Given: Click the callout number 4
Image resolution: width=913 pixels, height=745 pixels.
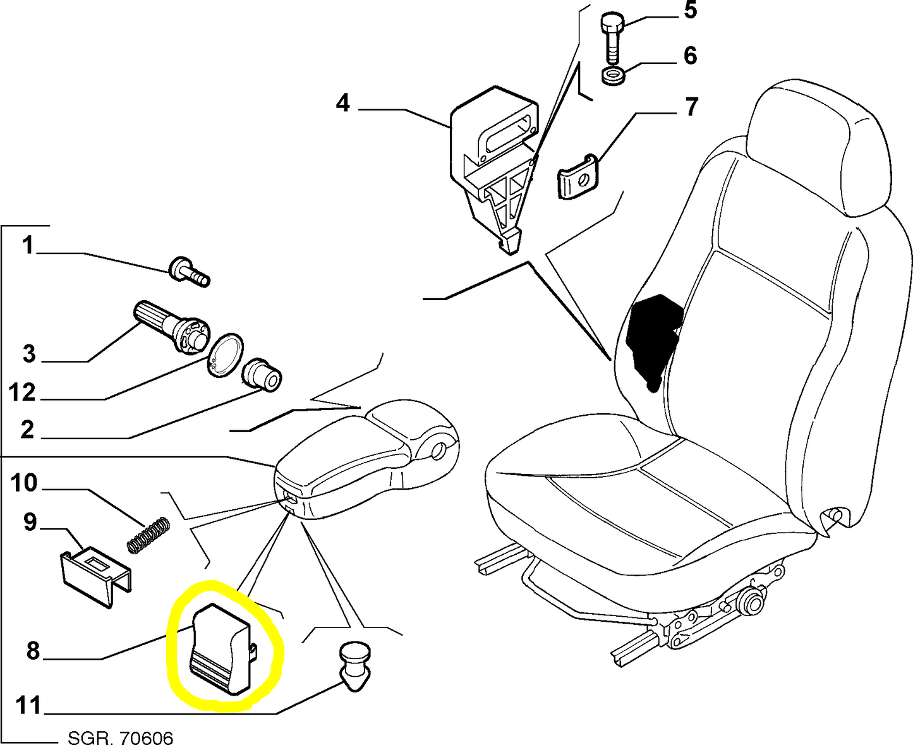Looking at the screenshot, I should pos(342,102).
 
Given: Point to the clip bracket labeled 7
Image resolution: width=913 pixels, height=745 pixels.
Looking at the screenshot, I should pos(577,177).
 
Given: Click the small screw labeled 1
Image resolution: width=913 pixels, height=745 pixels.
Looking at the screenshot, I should pos(188,271).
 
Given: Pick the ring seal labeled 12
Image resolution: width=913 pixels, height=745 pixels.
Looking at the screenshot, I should pos(226,356).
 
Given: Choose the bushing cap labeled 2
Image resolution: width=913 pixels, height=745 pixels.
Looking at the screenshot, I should pos(263,375).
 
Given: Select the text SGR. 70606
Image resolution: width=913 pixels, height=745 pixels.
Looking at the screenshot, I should pos(120,737).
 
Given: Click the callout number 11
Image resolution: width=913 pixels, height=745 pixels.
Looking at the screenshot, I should pos(28,705).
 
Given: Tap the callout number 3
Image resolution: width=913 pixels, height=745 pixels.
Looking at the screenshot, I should pos(29,354).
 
